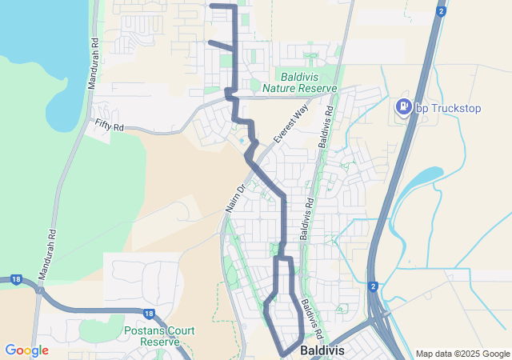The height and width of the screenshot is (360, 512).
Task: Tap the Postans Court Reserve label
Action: click(157, 335)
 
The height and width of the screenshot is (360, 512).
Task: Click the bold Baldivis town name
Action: click(322, 350)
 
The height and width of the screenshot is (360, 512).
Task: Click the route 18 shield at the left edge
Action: click(15, 279)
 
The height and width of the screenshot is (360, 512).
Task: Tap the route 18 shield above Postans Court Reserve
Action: click(149, 314)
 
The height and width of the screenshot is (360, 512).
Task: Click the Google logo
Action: click(26, 350)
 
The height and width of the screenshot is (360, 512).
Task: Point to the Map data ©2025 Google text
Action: click(462, 354)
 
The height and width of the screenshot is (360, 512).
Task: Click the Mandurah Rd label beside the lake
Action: click(94, 60)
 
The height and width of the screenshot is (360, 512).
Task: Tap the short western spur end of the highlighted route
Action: click(210, 42)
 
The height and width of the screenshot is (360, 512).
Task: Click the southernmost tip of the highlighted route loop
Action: click(284, 353)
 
